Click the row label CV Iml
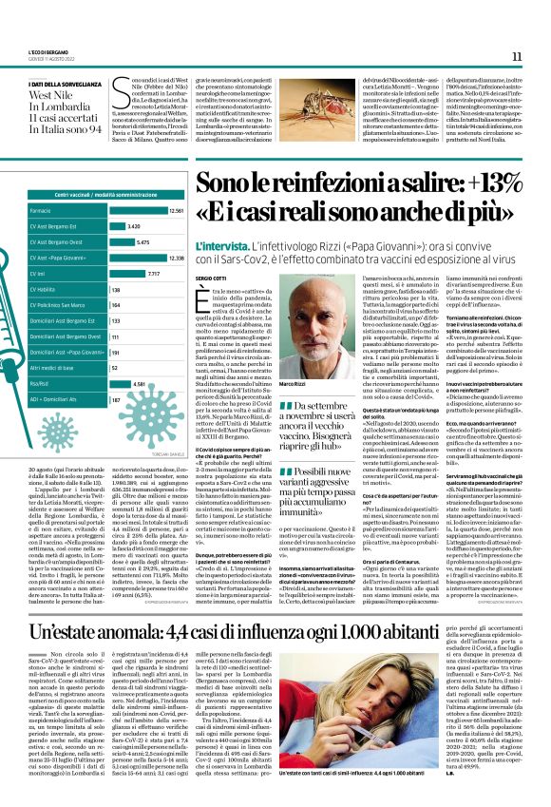40,274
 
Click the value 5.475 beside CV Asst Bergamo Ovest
143,242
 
